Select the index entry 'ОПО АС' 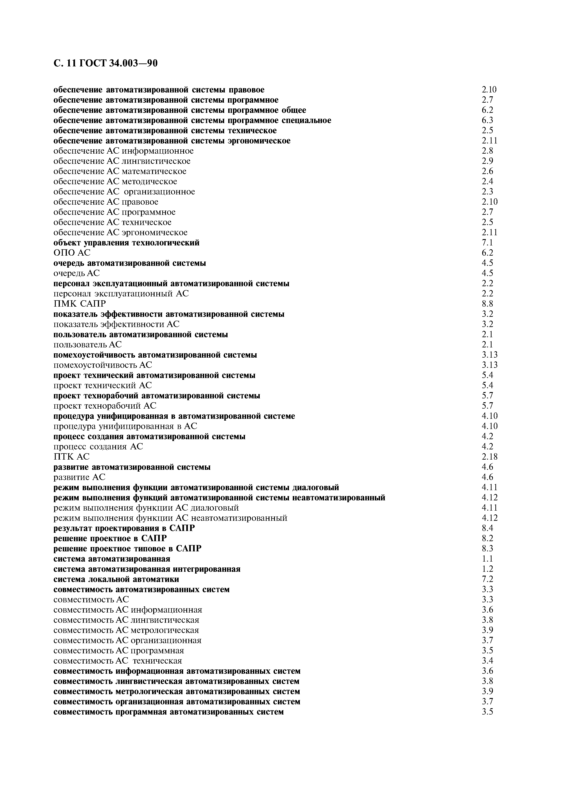point(72,253)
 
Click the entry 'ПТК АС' point(71,457)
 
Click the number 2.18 point(489,457)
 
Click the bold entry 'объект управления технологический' point(126,242)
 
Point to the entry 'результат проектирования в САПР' point(124,528)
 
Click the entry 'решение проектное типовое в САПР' point(127,548)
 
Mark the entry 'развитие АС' point(79,477)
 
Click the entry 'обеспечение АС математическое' point(120,171)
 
